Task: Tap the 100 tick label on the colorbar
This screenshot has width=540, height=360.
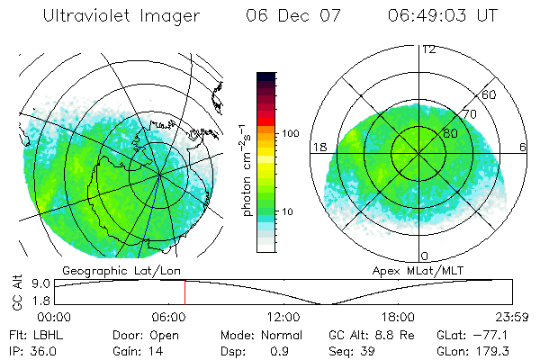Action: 291,133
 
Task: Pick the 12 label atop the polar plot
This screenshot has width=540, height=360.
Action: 428,49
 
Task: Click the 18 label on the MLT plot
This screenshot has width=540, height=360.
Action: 318,147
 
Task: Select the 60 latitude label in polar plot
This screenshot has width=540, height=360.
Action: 490,94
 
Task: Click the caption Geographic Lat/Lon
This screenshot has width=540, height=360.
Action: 108,270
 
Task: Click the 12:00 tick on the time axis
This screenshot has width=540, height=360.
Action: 283,317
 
